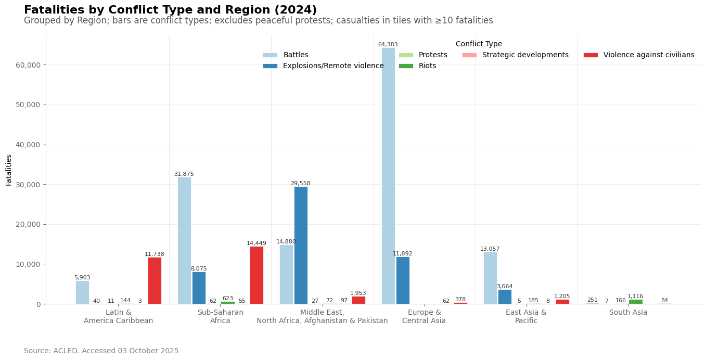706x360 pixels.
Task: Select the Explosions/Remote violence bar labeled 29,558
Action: tap(301, 245)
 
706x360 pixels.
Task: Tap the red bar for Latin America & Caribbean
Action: tap(155, 280)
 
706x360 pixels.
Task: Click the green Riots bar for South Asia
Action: tap(635, 302)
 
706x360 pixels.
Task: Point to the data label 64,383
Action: tap(388, 45)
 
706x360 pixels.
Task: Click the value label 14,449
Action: tap(256, 243)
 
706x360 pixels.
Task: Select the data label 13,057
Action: tap(490, 249)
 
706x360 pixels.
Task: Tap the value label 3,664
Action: tap(505, 287)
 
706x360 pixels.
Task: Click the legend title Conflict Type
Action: tap(479, 44)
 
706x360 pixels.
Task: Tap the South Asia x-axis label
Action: tap(628, 313)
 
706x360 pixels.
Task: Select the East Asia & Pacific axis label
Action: tap(526, 317)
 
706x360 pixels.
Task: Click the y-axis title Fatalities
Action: tap(9, 170)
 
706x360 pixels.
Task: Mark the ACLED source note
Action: tap(101, 351)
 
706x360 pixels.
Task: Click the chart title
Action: tap(170, 10)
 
